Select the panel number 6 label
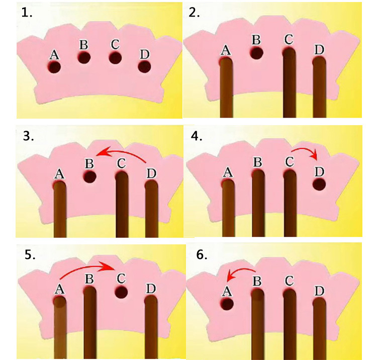coord(201,255)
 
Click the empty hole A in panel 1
coord(54,67)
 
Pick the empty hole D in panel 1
coord(144,66)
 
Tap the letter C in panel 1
coord(115,44)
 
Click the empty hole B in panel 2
coord(256,53)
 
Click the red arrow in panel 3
coord(121,149)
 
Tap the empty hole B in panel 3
coord(89,176)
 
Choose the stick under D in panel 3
coord(151,209)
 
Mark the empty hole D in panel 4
coord(319,185)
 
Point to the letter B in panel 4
coord(258,162)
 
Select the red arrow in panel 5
coord(85,266)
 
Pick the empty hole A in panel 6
coord(227,304)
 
